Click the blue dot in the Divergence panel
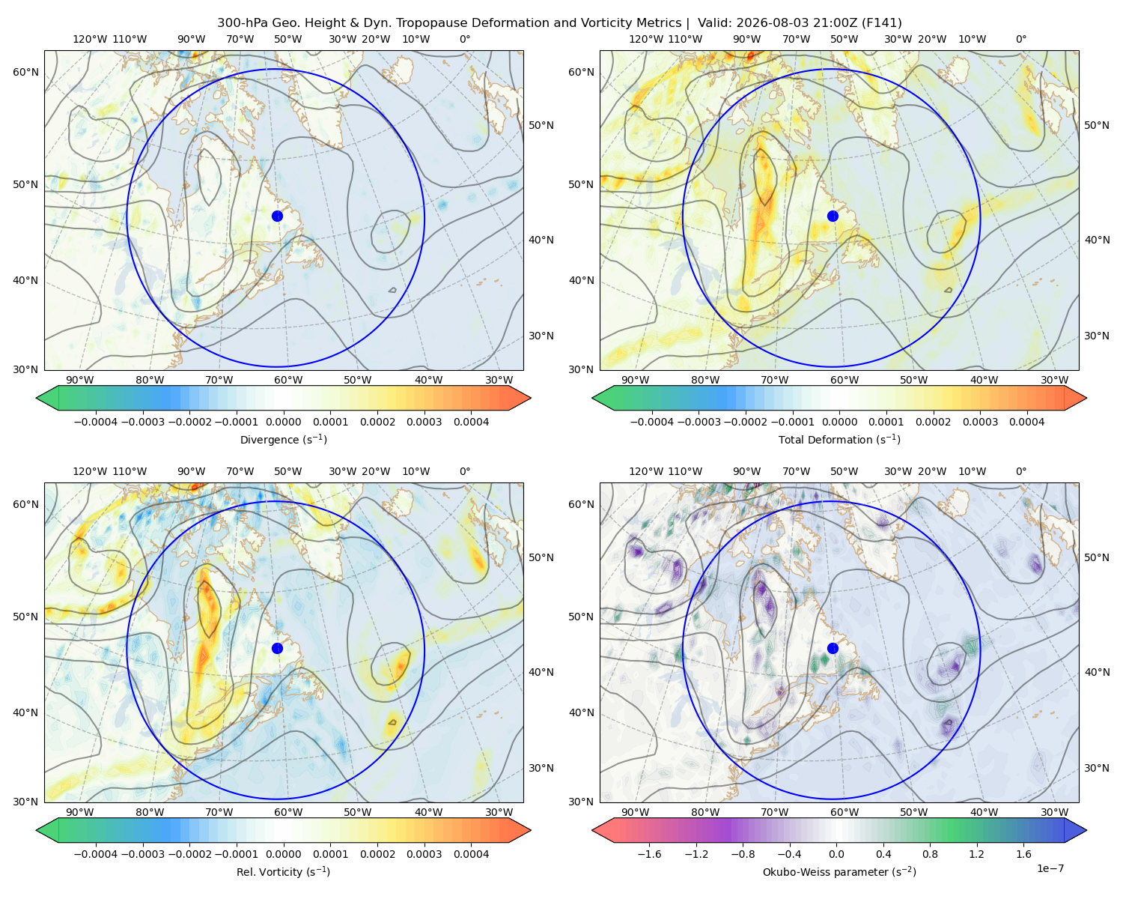tap(277, 216)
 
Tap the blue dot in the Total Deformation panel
tap(833, 216)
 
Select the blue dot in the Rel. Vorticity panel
tap(277, 648)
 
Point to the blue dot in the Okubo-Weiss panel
tap(833, 648)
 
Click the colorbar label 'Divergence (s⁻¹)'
tap(283, 439)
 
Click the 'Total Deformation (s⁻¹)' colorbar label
tap(839, 439)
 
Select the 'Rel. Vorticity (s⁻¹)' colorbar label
tap(283, 871)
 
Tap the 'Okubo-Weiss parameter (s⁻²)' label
tap(839, 871)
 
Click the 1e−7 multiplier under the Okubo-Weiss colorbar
tap(1050, 868)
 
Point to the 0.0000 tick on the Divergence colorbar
tap(283, 422)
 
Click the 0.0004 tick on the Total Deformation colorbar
tap(1026, 422)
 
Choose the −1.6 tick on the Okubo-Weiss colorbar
tap(649, 854)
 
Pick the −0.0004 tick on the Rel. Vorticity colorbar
tap(96, 854)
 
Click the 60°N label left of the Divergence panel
tap(25, 72)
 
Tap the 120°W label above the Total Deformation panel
tap(645, 39)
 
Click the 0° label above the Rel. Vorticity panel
tap(465, 471)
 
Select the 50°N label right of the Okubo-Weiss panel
tap(1096, 557)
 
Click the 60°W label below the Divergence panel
tap(288, 380)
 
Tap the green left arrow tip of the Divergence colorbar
tap(37, 398)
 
